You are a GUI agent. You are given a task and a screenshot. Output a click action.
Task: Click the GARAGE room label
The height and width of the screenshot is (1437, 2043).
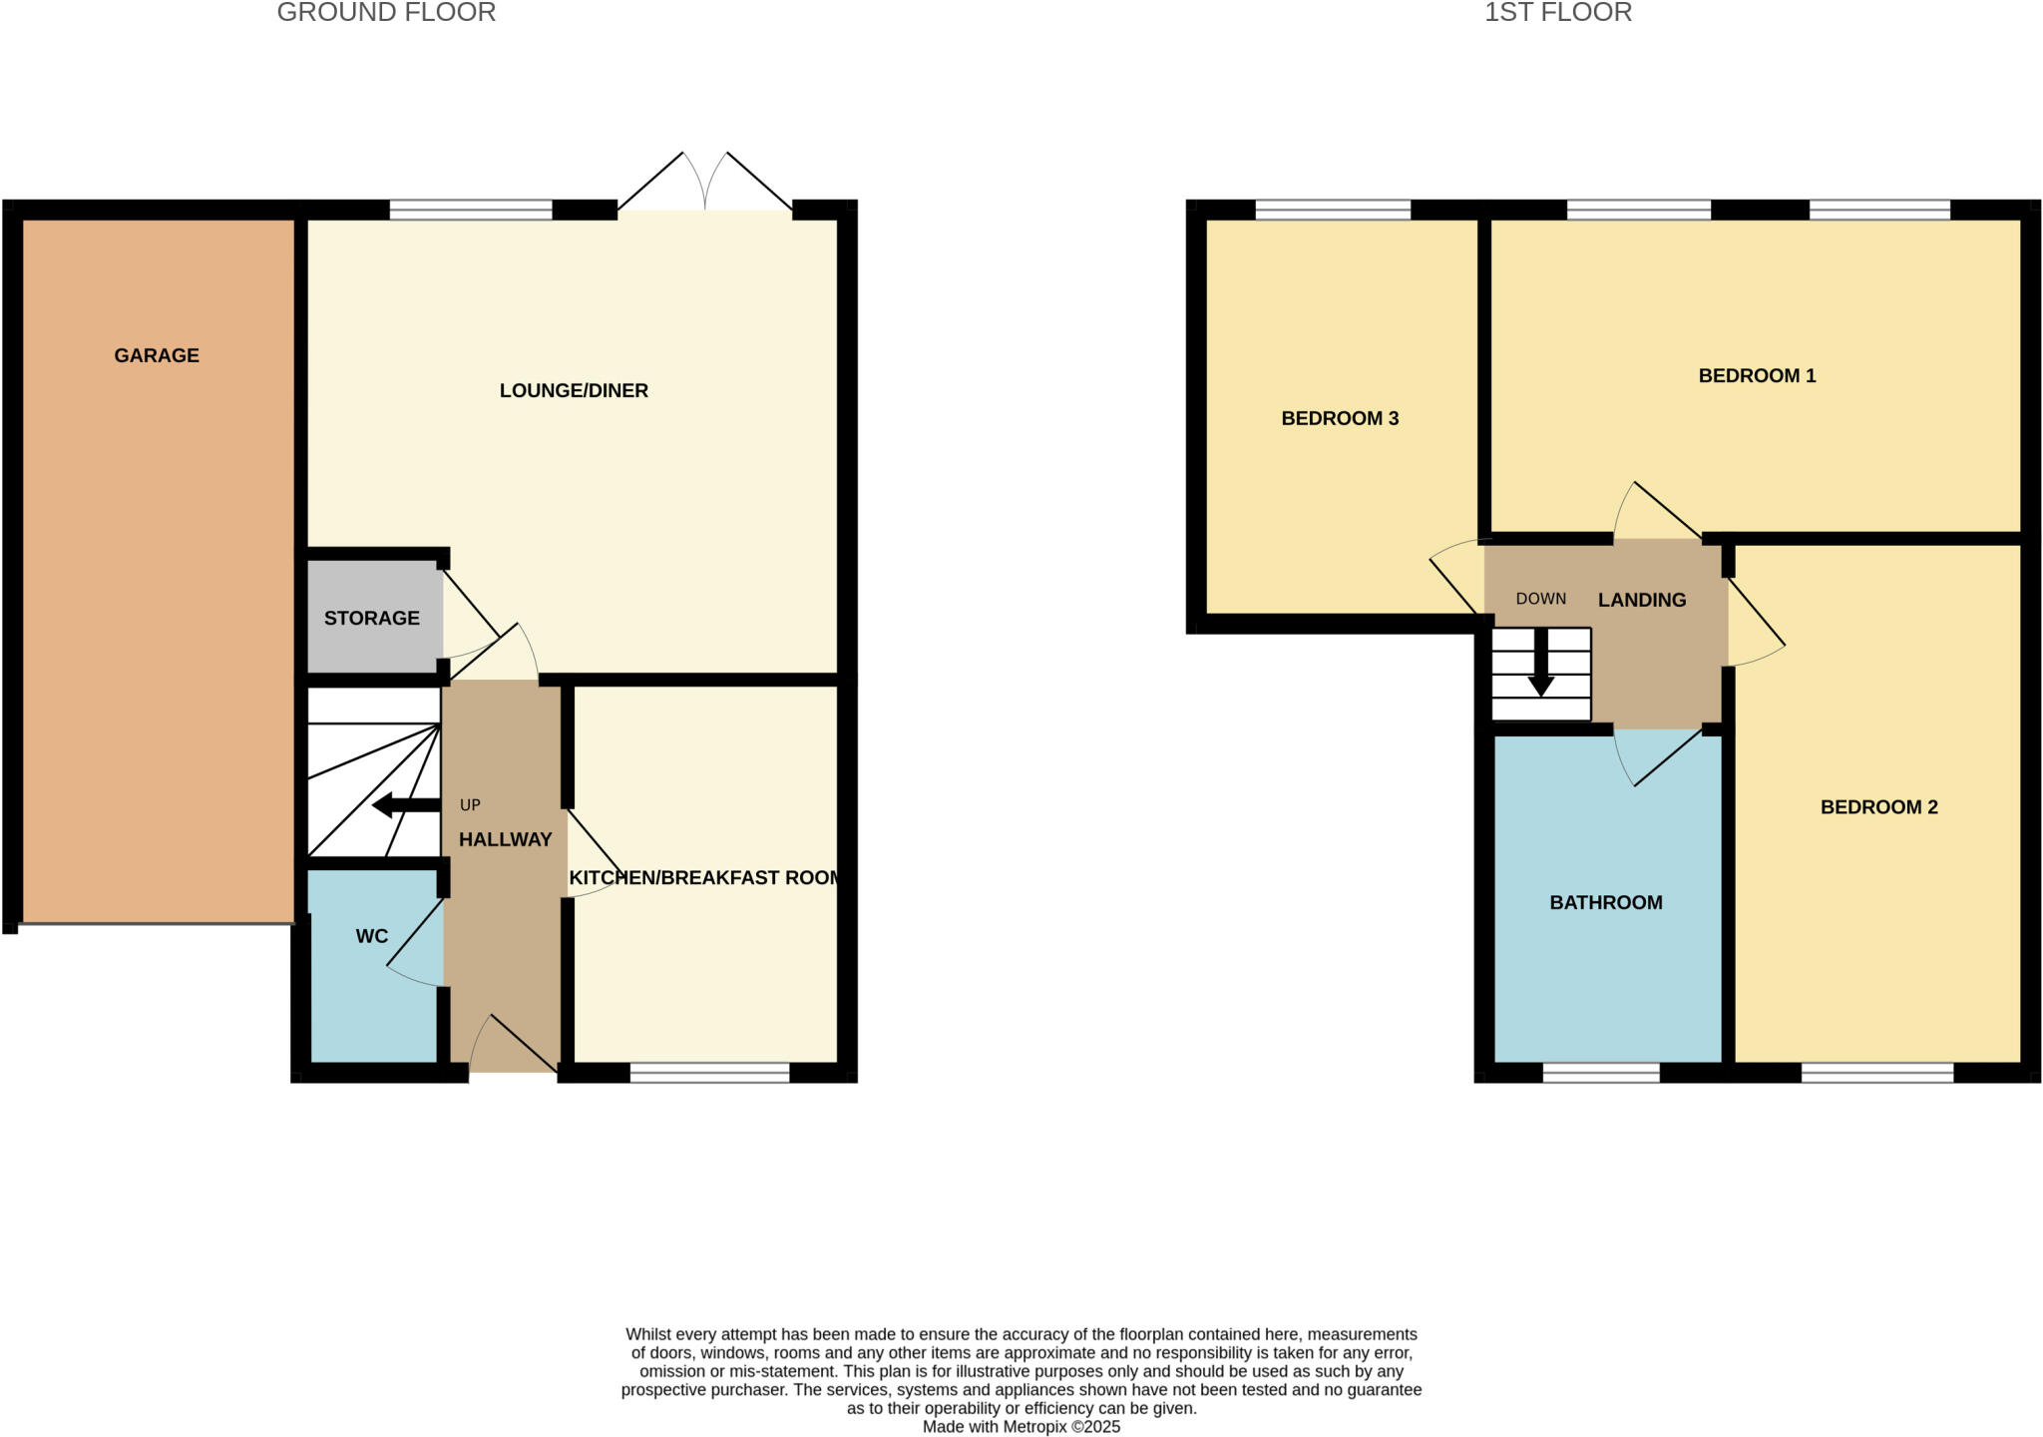(157, 355)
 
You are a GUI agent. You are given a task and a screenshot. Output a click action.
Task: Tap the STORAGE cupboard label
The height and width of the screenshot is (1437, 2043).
(371, 618)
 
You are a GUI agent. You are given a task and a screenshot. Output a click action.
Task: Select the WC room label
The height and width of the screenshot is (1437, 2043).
(372, 936)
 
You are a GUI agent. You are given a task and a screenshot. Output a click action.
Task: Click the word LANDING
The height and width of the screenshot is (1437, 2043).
(1642, 600)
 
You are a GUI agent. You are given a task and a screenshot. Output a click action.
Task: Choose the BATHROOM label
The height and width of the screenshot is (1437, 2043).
(1605, 902)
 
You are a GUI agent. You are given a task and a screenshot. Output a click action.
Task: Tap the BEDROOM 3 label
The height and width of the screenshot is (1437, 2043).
(1340, 418)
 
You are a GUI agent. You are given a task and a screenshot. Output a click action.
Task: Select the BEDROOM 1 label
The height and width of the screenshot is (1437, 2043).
(1757, 375)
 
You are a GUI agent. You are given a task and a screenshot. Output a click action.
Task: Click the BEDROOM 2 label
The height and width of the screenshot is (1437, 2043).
(1878, 806)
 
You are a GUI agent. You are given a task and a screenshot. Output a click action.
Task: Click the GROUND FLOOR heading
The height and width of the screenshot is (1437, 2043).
(386, 13)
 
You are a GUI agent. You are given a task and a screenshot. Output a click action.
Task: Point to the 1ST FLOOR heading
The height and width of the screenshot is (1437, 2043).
(1557, 13)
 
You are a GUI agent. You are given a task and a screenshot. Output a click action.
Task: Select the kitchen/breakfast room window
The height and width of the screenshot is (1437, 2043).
(709, 1073)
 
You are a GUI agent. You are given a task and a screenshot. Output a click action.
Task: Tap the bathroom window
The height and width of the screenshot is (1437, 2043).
(1601, 1073)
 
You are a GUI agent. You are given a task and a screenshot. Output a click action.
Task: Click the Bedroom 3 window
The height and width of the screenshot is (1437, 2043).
(1333, 210)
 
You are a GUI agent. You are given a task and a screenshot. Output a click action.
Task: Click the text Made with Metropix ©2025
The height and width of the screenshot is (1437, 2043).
(1021, 1427)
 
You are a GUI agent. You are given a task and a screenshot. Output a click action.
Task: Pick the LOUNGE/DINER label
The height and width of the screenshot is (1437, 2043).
(574, 390)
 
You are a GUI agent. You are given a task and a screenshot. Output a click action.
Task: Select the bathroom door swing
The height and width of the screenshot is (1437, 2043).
(1651, 758)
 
